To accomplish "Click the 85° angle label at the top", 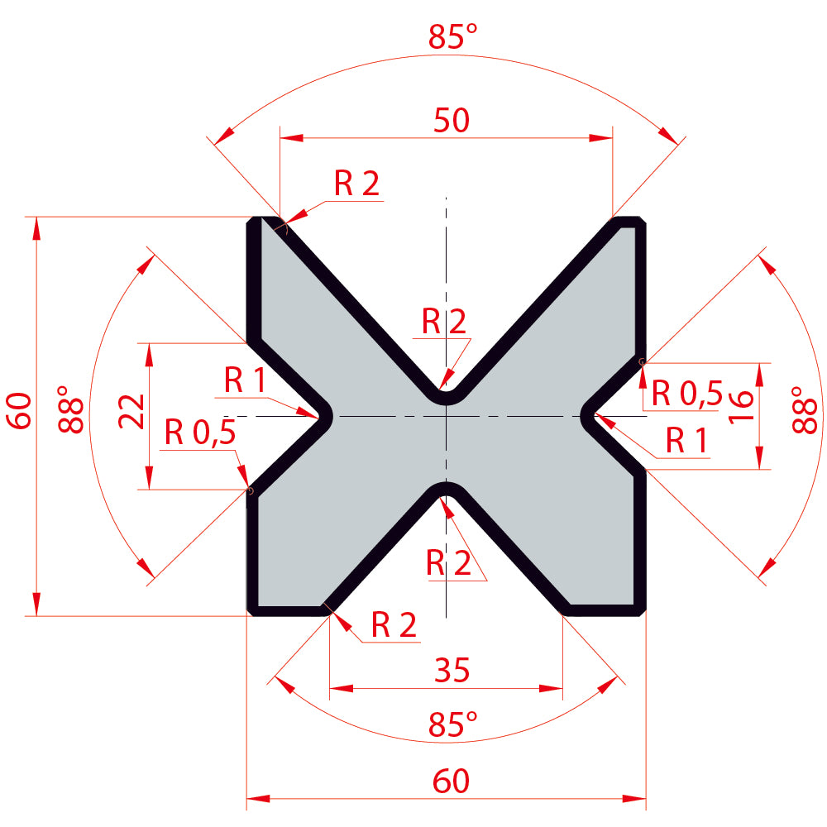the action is [x=452, y=37].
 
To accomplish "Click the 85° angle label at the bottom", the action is [x=452, y=724].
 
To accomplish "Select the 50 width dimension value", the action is [x=452, y=120].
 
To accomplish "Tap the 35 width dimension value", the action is [x=452, y=671].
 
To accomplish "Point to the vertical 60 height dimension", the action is [x=20, y=410].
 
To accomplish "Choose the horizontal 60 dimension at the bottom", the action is [x=451, y=782].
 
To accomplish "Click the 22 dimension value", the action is [x=131, y=411].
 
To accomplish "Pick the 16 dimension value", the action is [x=741, y=405].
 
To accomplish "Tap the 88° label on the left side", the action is [x=70, y=409].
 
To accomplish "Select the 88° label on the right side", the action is [x=805, y=409].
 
